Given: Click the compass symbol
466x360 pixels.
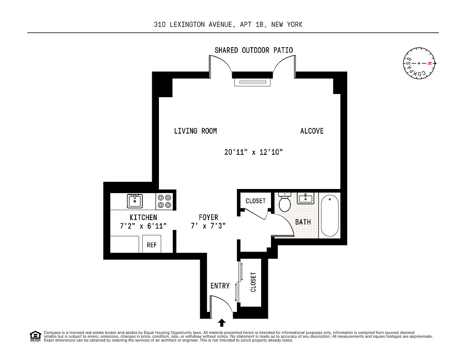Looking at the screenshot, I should point(419,63).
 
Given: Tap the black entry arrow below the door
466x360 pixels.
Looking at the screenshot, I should point(222,322).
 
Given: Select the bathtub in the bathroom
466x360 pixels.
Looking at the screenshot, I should point(330,215).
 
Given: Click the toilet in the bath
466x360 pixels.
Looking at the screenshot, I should point(285,202).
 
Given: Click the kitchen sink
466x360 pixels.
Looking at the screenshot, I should point(135,201).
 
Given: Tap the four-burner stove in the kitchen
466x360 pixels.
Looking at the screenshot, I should point(165,201).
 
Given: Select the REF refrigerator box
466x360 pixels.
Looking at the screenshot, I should point(152,245).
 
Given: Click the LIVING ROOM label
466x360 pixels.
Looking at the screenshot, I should point(195,131).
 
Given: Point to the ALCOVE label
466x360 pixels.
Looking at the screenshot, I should point(312,131).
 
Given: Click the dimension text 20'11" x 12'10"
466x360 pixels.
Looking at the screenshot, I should point(253,152).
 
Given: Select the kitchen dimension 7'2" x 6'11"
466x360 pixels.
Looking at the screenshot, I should point(143,226).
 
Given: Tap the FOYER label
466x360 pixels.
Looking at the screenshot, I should point(208,217).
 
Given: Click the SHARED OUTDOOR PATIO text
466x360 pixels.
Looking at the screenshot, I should point(253,50).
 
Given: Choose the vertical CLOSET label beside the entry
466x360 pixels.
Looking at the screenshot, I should point(253,282).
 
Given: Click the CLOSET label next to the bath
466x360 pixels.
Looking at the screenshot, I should point(256,201).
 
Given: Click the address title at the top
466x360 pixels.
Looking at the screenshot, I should point(228,24).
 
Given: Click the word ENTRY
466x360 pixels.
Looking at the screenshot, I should point(220,286).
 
